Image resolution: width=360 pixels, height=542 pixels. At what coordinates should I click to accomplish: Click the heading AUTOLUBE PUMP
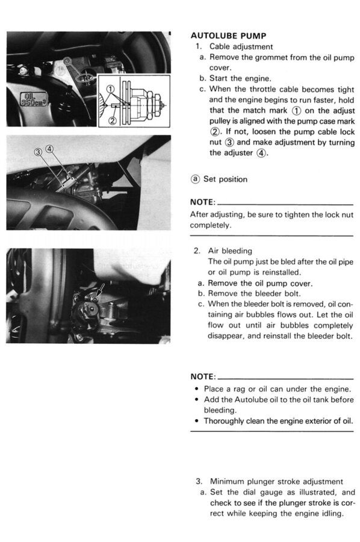(x=228, y=36)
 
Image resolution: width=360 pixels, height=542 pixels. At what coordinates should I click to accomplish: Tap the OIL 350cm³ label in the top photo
(x=33, y=99)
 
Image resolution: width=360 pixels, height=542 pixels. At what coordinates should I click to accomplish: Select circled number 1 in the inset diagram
(x=110, y=89)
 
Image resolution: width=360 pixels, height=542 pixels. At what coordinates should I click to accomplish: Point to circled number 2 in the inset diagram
(x=113, y=120)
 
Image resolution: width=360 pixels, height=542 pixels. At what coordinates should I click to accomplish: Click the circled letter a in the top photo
(x=67, y=61)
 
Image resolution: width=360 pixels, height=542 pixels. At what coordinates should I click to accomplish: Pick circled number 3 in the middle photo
(x=38, y=152)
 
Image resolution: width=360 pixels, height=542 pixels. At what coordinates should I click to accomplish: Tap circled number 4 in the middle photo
(x=50, y=149)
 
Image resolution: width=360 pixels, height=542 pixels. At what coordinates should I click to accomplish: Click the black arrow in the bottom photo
(x=100, y=289)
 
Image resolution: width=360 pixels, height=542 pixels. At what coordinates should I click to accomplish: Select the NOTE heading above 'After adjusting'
(x=203, y=202)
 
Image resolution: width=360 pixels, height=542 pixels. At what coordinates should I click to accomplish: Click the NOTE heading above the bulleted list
(x=203, y=376)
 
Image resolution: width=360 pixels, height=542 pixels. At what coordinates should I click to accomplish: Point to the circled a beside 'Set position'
(x=195, y=179)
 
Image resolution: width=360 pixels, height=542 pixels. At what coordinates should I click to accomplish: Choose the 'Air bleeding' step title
(x=230, y=251)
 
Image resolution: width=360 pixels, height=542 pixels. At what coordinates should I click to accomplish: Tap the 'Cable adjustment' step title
(x=241, y=46)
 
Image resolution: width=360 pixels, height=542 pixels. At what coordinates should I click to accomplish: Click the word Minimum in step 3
(x=226, y=482)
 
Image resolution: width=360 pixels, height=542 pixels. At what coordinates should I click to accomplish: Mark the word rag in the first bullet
(x=239, y=389)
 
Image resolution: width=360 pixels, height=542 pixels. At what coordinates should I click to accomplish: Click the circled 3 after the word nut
(x=229, y=142)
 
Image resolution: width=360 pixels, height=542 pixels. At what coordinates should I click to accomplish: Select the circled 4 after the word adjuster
(x=261, y=153)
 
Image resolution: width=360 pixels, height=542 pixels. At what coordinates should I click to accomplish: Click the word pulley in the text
(x=219, y=121)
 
